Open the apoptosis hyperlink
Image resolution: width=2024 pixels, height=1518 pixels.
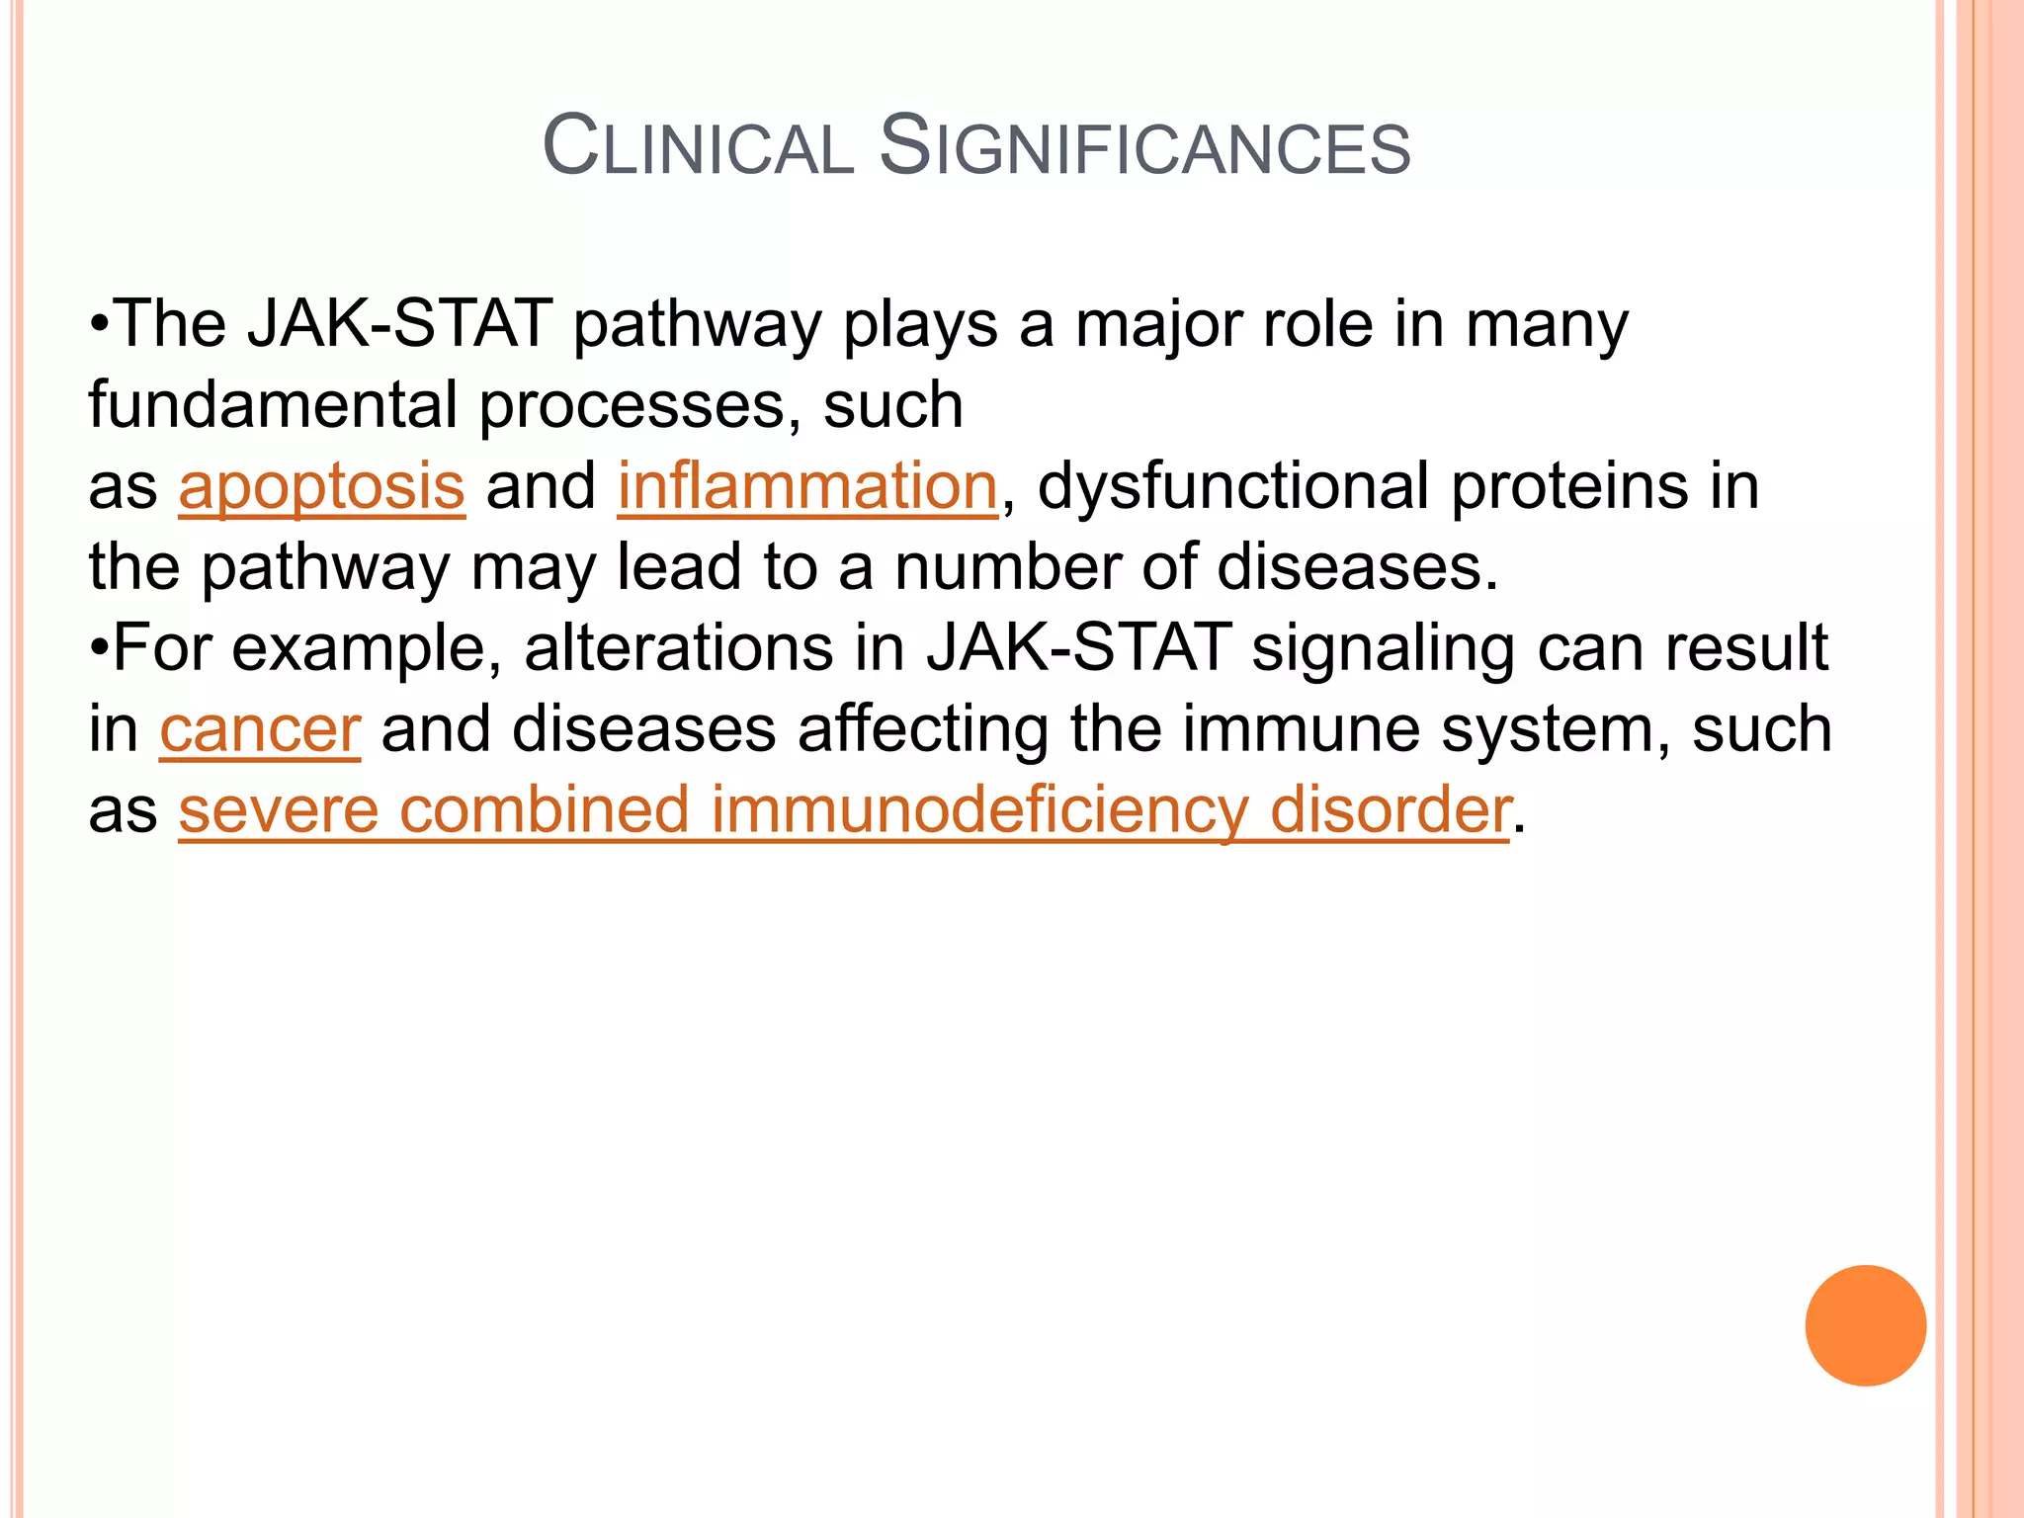321,487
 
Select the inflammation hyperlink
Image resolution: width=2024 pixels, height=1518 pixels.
807,487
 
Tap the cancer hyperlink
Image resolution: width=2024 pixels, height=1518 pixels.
260,730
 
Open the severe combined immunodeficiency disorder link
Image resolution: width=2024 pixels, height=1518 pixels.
844,810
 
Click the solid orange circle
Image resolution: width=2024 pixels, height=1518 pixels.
1865,1325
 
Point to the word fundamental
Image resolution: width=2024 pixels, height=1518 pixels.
273,405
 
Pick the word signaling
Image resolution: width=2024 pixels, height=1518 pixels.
1383,649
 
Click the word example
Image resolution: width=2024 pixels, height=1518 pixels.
373,649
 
